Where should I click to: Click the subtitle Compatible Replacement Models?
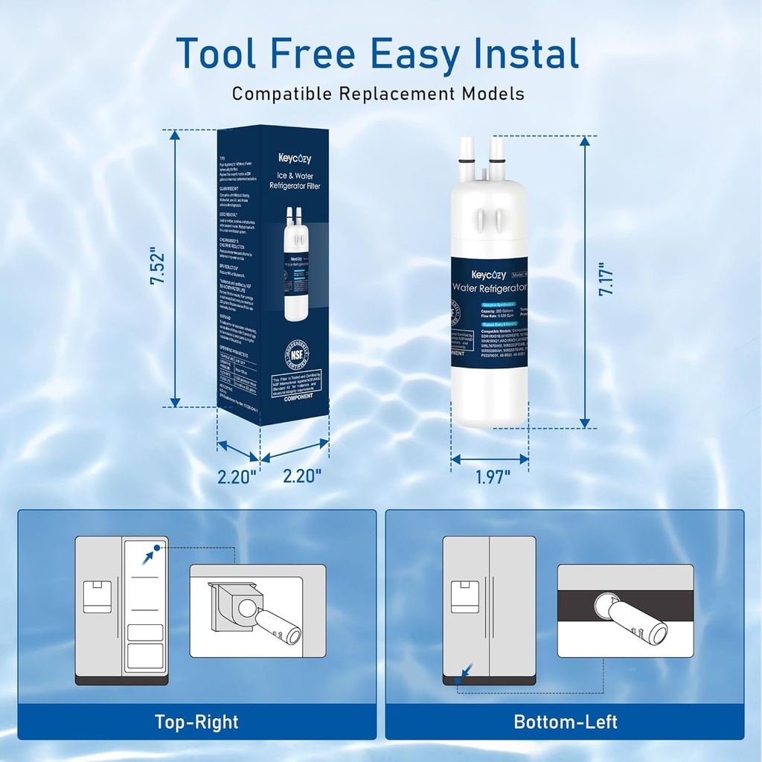pyautogui.click(x=378, y=94)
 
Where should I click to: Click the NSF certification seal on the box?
pyautogui.click(x=295, y=359)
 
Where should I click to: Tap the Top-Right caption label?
pyautogui.click(x=196, y=721)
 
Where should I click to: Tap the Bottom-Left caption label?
pyautogui.click(x=565, y=721)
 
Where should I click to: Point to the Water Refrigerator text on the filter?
pyautogui.click(x=490, y=287)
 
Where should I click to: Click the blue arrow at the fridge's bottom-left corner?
pyautogui.click(x=464, y=672)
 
